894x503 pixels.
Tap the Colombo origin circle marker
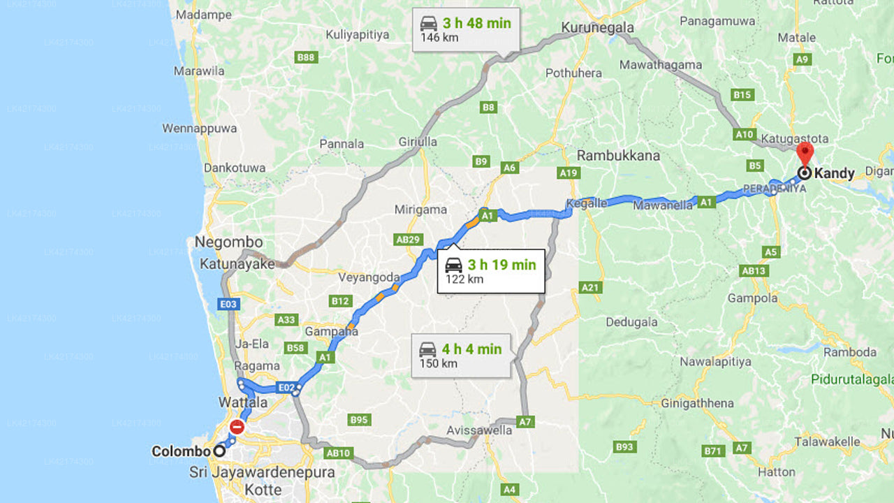tap(219, 451)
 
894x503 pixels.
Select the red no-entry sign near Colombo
tap(237, 427)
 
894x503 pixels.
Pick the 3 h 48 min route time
tap(477, 23)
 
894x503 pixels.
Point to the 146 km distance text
tap(439, 38)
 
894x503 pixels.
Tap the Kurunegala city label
tap(597, 28)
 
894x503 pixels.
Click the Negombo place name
tap(228, 242)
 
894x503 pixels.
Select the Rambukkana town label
tap(619, 155)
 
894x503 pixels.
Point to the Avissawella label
tap(481, 430)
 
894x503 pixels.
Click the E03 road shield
tap(228, 304)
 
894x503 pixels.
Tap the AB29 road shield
tap(409, 240)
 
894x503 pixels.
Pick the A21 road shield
tap(590, 287)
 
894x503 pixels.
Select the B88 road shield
tap(306, 57)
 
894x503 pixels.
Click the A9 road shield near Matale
tap(803, 60)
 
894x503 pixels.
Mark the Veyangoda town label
tap(369, 277)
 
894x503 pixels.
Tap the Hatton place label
tap(777, 472)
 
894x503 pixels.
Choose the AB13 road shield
tap(754, 271)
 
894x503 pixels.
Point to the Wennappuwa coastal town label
tap(199, 129)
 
